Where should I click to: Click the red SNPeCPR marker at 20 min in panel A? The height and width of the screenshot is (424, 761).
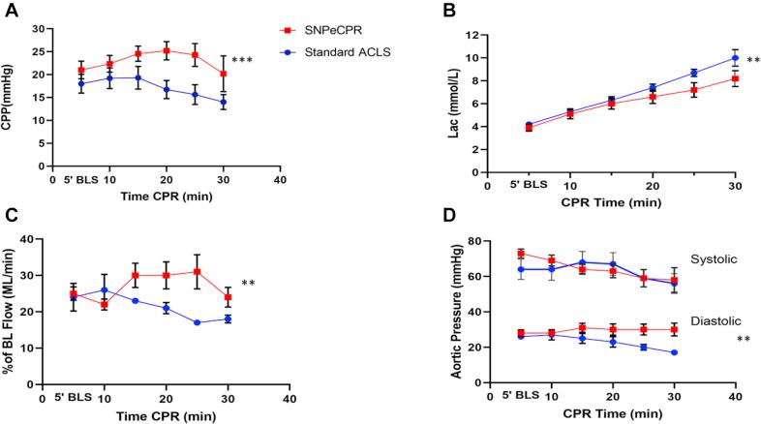[167, 50]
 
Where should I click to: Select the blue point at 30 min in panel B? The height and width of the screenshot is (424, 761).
[735, 58]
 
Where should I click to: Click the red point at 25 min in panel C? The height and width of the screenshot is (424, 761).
[198, 272]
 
